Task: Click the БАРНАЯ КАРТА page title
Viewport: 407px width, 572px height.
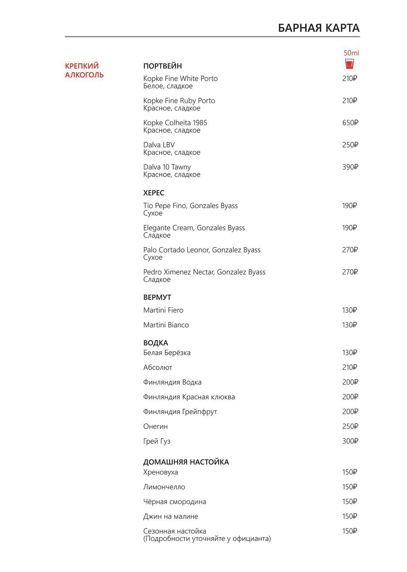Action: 319,28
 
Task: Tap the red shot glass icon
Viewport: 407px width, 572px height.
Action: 349,64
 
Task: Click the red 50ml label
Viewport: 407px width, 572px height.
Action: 351,53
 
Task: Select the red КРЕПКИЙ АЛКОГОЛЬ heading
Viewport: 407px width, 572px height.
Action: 84,70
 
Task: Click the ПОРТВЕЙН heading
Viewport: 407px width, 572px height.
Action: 162,66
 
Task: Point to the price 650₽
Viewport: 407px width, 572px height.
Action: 350,123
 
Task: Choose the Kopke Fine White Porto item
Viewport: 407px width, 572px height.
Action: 180,78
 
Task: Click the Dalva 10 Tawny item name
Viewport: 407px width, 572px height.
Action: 167,167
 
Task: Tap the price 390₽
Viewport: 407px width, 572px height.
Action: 350,167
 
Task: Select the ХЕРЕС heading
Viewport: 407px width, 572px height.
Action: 154,193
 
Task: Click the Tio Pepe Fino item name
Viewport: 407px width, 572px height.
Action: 190,206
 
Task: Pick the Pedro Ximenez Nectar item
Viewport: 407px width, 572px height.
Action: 204,272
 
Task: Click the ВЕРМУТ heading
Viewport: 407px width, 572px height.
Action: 157,297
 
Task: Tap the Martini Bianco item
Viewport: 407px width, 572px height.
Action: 166,325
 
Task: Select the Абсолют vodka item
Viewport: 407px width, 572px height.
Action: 158,367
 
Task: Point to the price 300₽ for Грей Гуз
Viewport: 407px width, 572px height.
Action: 350,441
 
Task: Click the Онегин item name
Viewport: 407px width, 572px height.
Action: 155,426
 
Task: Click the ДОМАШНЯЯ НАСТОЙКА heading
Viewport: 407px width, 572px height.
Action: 186,462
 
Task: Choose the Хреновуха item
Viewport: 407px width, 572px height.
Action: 161,472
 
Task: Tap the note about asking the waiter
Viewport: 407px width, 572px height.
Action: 207,539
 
